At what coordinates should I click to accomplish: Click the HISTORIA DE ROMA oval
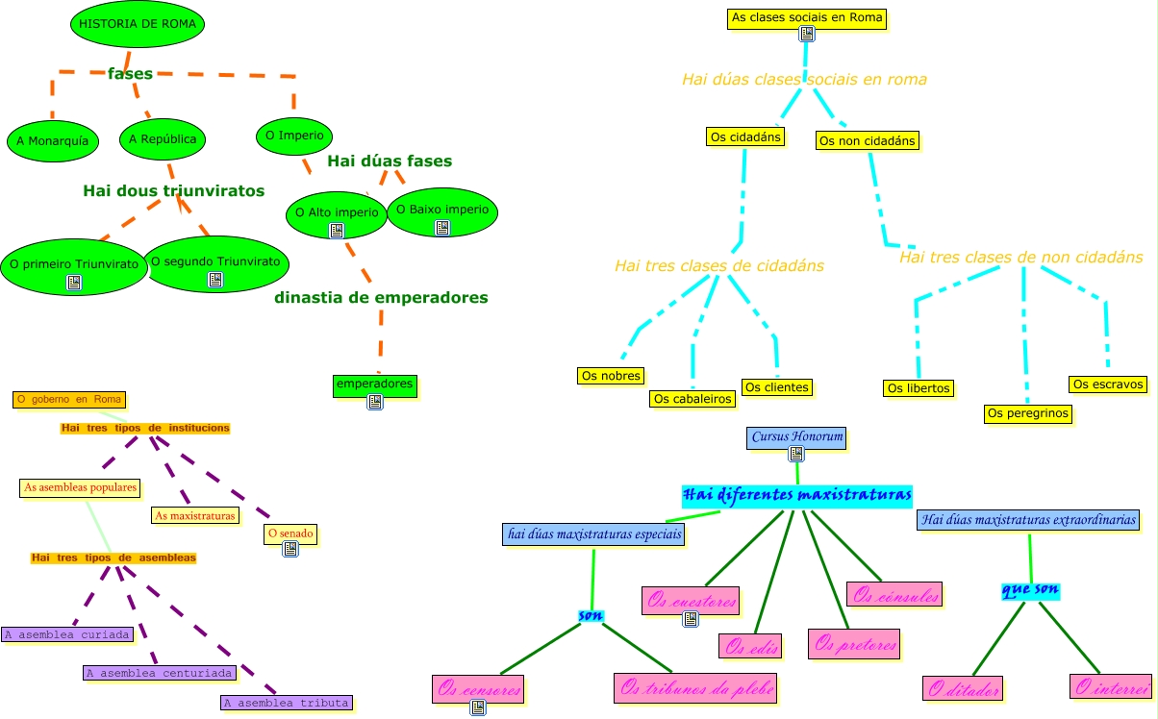[138, 25]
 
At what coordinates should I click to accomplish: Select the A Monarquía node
[53, 140]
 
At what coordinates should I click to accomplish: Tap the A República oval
[163, 139]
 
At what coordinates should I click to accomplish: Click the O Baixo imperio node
[442, 210]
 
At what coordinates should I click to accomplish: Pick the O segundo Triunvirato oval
[215, 261]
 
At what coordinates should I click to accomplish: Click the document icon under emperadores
[375, 402]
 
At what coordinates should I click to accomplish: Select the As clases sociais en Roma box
[806, 17]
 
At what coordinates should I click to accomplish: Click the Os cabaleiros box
[692, 399]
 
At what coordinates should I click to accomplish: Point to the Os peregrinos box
[1028, 414]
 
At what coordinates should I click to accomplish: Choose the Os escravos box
[1108, 384]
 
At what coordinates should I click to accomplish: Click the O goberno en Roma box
[69, 399]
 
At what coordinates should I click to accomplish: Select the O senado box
[290, 533]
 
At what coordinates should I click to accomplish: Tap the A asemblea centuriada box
[159, 673]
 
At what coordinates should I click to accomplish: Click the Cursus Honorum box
[797, 437]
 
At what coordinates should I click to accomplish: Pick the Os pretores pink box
[855, 644]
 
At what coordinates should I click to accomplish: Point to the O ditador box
[963, 689]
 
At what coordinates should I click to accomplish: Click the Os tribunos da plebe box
[696, 688]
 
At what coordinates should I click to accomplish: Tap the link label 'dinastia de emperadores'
[381, 298]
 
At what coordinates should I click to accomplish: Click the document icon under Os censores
[478, 708]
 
